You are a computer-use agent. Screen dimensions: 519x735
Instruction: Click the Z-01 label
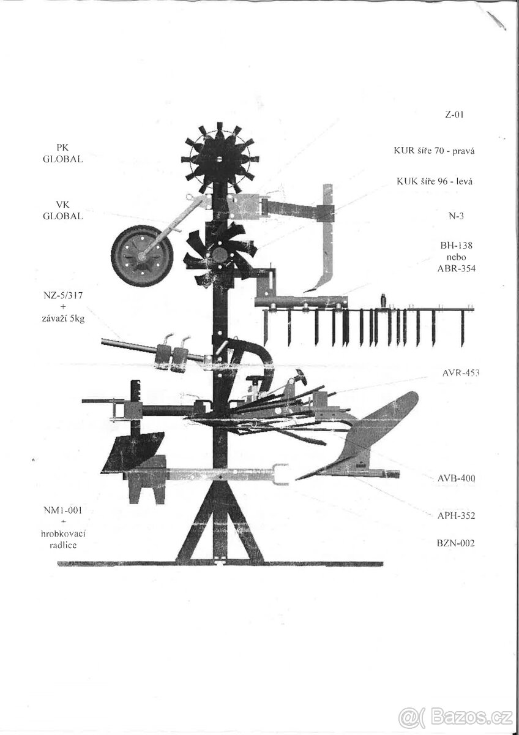coord(454,115)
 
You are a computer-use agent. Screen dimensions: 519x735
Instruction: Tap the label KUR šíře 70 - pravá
coord(434,151)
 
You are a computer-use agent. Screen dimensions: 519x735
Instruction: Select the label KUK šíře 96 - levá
coord(435,181)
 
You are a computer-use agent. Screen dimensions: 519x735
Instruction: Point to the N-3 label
coord(456,216)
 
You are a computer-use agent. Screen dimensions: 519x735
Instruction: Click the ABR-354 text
coord(456,268)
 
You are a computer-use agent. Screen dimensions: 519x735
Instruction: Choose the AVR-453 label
coord(461,373)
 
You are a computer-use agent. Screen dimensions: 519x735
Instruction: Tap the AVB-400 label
coord(456,478)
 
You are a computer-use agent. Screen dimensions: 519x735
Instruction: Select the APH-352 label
coord(456,516)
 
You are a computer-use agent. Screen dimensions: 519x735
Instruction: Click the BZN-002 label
coord(455,543)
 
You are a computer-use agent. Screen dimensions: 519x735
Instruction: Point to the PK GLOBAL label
coord(62,153)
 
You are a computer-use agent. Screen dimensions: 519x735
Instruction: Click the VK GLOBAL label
coord(62,210)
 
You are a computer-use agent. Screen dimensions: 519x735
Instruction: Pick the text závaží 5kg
coord(63,318)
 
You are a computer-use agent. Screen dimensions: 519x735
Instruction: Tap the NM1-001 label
coord(62,510)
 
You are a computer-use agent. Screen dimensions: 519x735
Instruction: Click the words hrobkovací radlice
coord(63,539)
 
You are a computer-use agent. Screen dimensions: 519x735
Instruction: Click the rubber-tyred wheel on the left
coord(142,255)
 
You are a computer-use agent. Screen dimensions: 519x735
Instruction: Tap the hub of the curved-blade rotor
coord(218,254)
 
